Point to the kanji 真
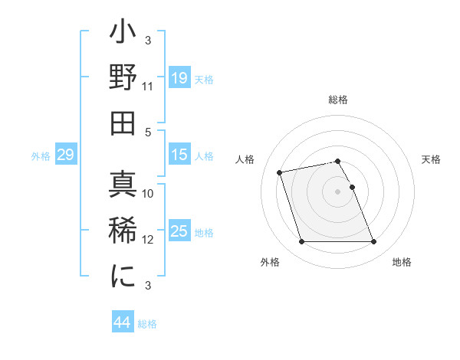pos(122,185)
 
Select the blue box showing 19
pos(179,77)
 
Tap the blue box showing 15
pos(179,155)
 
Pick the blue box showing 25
pos(179,231)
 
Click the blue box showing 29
pos(65,155)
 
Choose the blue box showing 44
pos(122,322)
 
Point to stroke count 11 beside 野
pos(148,86)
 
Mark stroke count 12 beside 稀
pos(148,239)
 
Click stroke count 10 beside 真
pos(148,194)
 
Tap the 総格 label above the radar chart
pos(338,100)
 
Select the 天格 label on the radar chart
pos(431,159)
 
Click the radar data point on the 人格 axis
pos(280,172)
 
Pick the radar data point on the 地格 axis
pos(373,242)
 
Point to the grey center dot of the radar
pos(338,191)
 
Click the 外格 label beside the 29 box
pos(41,155)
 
